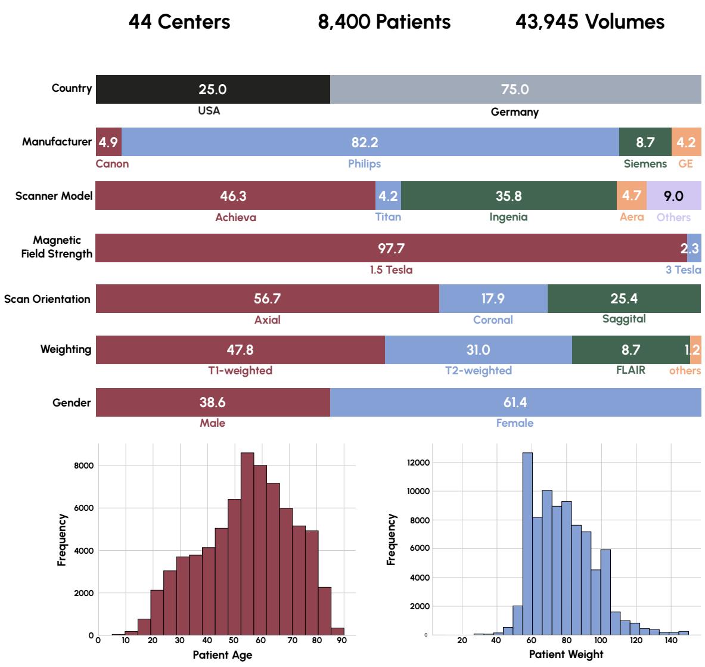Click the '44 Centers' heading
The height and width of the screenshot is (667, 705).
click(x=179, y=22)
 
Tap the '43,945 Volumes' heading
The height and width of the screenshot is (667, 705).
click(x=589, y=22)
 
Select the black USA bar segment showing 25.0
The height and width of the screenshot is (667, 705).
click(x=213, y=89)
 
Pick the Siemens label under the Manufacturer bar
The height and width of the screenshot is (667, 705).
click(x=645, y=163)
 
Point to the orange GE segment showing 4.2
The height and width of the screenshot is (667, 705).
click(x=686, y=142)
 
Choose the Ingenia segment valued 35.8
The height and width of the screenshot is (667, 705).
click(x=508, y=196)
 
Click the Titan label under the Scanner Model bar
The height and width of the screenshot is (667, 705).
click(x=388, y=217)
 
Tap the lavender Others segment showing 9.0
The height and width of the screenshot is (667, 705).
click(x=673, y=196)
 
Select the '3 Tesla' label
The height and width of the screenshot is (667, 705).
click(x=683, y=270)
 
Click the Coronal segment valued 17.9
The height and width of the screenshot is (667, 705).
click(x=493, y=299)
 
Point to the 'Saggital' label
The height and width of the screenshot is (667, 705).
click(x=623, y=319)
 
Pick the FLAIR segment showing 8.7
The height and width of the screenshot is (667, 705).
click(x=631, y=350)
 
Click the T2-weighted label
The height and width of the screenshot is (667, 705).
click(x=478, y=371)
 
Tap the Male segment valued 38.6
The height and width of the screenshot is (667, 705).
click(x=213, y=402)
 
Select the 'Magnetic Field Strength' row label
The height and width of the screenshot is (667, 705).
click(x=57, y=247)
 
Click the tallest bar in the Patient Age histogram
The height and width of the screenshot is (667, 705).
click(x=247, y=544)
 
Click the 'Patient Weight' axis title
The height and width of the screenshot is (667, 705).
click(x=566, y=654)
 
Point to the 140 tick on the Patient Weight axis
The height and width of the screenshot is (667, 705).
click(x=671, y=641)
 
